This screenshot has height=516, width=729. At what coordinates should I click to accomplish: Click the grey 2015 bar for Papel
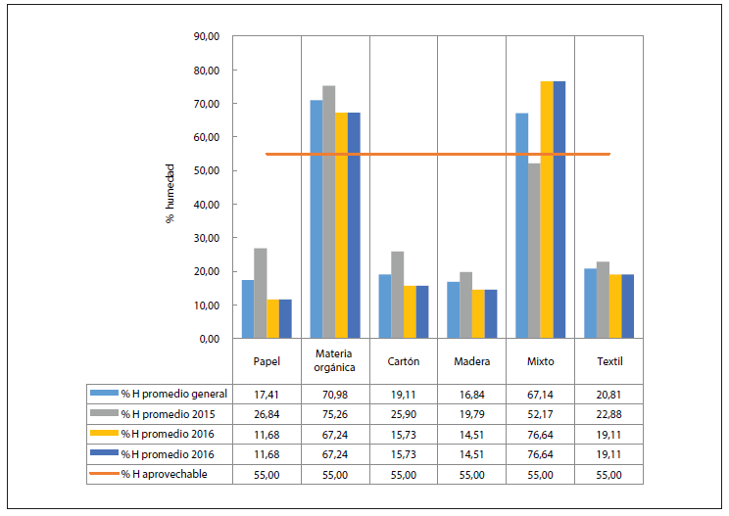260,293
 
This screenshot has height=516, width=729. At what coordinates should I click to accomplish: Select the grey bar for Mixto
534,251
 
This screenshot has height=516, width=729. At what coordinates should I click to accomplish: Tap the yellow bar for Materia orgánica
341,225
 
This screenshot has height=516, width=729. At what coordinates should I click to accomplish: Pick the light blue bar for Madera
454,309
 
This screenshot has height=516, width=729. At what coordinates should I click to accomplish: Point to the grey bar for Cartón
397,295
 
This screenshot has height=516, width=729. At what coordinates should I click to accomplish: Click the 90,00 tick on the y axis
207,37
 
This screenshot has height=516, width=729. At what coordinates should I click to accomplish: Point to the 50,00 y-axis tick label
207,171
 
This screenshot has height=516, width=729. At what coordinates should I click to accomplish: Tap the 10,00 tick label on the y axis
207,305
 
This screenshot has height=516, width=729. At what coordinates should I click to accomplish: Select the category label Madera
472,361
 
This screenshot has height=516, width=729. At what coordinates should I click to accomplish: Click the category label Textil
608,361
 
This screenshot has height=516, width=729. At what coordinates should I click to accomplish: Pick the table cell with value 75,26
335,413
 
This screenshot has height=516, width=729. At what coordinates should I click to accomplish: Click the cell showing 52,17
540,413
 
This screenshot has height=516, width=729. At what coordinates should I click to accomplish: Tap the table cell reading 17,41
267,394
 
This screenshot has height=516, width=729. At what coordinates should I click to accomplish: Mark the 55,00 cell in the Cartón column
404,474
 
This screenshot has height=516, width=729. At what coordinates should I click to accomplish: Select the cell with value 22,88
608,413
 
